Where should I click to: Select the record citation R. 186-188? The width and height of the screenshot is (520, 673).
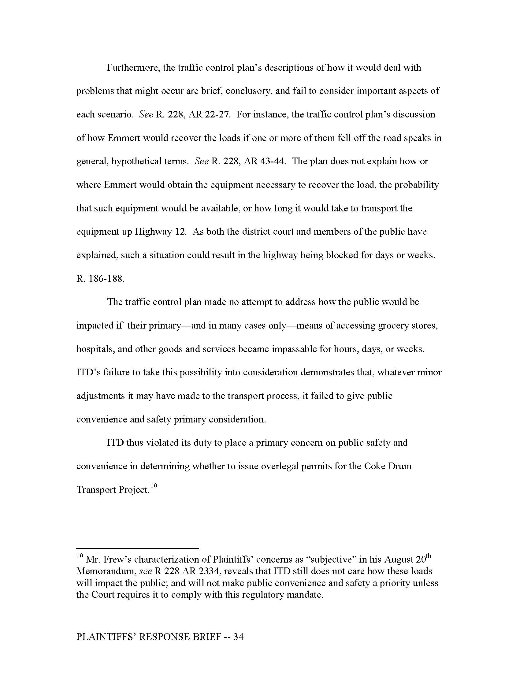pos(100,279)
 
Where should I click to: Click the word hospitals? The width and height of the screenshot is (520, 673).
pos(95,349)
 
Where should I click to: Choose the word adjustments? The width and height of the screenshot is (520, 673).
pos(101,396)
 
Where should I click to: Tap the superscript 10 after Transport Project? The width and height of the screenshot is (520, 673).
pos(154,486)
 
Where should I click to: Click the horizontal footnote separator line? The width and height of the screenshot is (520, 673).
pos(137,548)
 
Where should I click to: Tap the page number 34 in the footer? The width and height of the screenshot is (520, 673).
pos(239,637)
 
